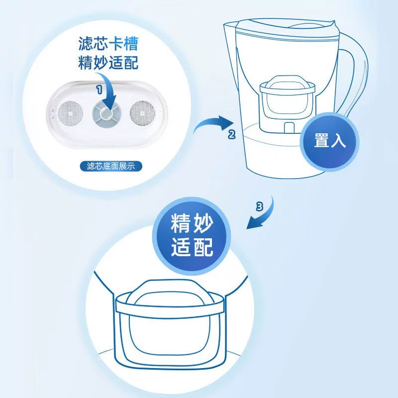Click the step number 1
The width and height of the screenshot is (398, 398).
coord(99,90)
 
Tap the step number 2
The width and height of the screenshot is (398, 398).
coord(231,134)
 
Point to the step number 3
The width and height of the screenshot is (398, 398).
coord(259,206)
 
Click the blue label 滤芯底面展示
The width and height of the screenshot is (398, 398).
coord(111,166)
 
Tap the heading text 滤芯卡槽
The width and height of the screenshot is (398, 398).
coord(108,44)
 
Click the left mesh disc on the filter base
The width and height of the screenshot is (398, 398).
coord(70,113)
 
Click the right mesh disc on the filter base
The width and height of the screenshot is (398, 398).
coord(142,113)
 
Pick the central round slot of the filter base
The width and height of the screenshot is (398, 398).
coord(106,114)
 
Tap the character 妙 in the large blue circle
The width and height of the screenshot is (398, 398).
coord(202,223)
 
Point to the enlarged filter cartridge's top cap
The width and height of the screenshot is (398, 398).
coord(170,292)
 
